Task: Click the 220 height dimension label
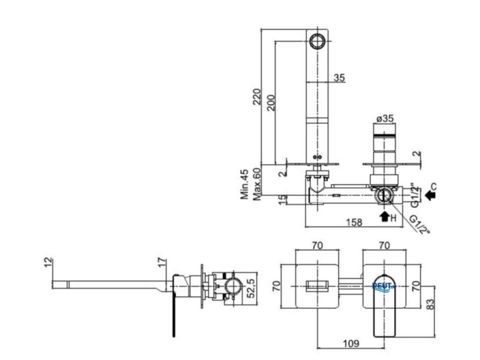pyautogui.click(x=257, y=96)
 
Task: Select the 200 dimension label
pyautogui.click(x=271, y=102)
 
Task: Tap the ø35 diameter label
pyautogui.click(x=385, y=118)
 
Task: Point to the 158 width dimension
pyautogui.click(x=354, y=222)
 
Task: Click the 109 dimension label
pyautogui.click(x=351, y=343)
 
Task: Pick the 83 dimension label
pyautogui.click(x=431, y=304)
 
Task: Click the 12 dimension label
pyautogui.click(x=48, y=263)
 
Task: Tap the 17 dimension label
pyautogui.click(x=163, y=263)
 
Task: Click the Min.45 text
pyautogui.click(x=244, y=184)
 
